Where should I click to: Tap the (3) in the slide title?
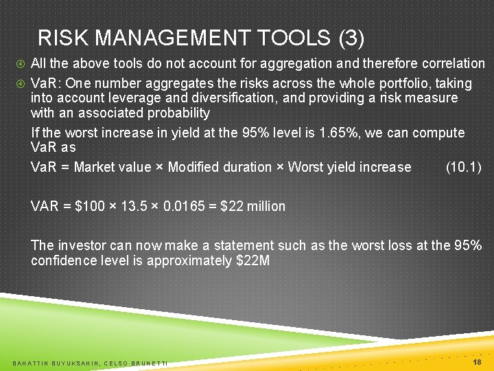pos(351,38)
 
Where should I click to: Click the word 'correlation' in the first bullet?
pos(451,64)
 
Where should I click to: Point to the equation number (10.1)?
pos(463,167)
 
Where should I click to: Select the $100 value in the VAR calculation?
pos(89,206)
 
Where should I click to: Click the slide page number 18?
pos(477,361)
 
